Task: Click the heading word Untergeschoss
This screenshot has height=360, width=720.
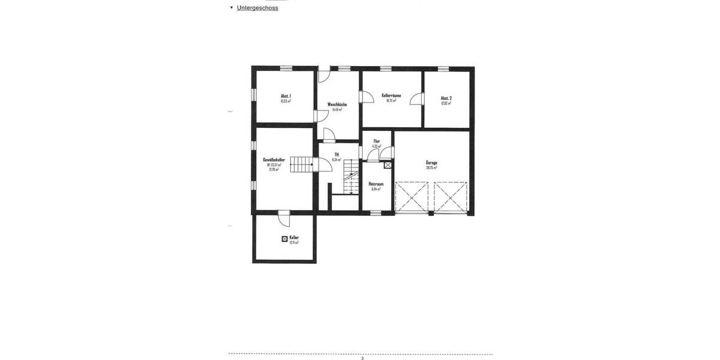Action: [x=257, y=8]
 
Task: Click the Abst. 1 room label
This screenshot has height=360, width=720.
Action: [x=286, y=97]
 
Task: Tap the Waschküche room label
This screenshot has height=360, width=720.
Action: [x=337, y=104]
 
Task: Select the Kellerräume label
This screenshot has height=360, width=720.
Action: [x=391, y=95]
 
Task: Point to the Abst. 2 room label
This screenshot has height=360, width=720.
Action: [x=446, y=98]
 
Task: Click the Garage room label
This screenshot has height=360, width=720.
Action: [x=431, y=163]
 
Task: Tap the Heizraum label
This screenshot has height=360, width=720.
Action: [x=376, y=184]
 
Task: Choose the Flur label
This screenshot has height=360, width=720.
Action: [x=376, y=141]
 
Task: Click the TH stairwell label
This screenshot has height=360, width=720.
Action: [x=337, y=155]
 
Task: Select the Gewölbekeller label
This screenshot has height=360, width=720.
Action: [x=274, y=160]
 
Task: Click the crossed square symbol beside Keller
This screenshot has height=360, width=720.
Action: [x=284, y=239]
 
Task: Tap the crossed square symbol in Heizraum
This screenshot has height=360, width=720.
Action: [x=388, y=165]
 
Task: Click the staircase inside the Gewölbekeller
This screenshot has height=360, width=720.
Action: [x=301, y=164]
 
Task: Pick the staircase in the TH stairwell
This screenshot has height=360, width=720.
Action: [x=351, y=182]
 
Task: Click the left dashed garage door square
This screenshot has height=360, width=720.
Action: [x=412, y=197]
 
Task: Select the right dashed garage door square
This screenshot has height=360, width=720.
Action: [x=450, y=197]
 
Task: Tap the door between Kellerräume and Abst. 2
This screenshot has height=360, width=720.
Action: [x=416, y=98]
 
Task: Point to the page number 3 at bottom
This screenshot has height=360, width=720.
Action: [x=362, y=358]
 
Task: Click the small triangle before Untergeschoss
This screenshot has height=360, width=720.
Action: [x=232, y=8]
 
